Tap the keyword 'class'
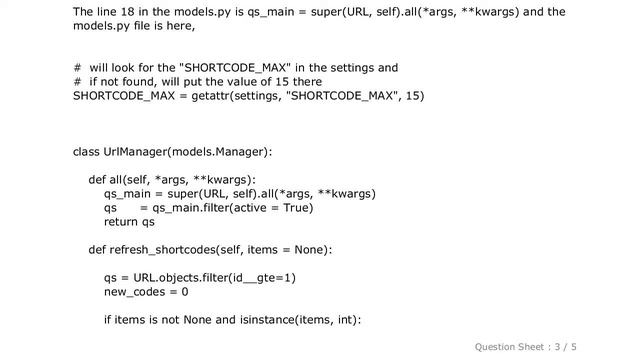pyautogui.click(x=86, y=151)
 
